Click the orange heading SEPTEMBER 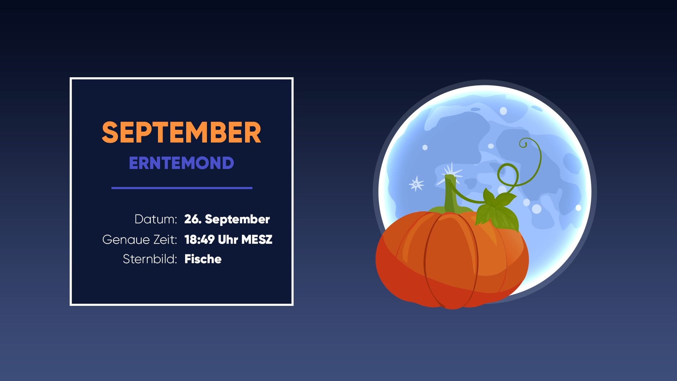(181, 133)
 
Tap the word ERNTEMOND (181, 163)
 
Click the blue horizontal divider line (182, 188)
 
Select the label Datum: (155, 219)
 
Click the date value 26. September (227, 219)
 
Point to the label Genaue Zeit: (140, 240)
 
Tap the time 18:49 (199, 240)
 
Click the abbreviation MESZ (257, 240)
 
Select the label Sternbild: (150, 259)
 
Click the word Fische (203, 259)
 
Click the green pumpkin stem (451, 196)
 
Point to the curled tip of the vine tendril (523, 143)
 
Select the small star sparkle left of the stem (416, 184)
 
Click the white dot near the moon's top (503, 111)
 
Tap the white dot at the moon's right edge (578, 208)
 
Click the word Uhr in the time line (228, 240)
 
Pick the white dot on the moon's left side (425, 147)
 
